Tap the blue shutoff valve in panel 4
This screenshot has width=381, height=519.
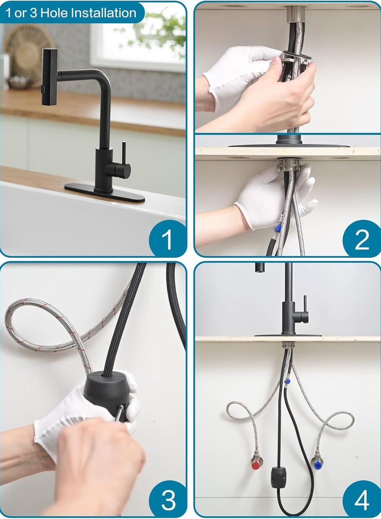pos(316,461)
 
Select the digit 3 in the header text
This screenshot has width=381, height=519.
pos(32,13)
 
